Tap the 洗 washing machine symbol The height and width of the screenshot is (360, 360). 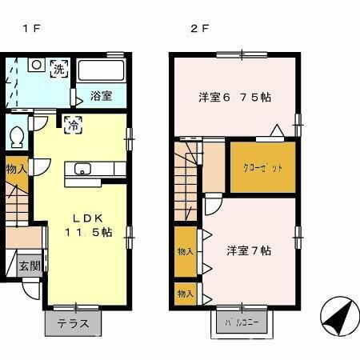59,69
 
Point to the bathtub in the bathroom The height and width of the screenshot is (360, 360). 101,71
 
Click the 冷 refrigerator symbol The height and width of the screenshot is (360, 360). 72,124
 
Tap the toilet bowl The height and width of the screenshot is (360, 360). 15,138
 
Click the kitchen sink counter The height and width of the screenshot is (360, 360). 95,169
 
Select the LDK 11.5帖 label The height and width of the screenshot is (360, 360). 88,225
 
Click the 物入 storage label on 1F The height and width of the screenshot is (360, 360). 16,169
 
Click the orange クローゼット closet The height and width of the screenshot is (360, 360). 263,167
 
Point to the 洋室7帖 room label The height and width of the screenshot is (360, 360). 249,250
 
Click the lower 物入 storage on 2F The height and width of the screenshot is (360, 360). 186,294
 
